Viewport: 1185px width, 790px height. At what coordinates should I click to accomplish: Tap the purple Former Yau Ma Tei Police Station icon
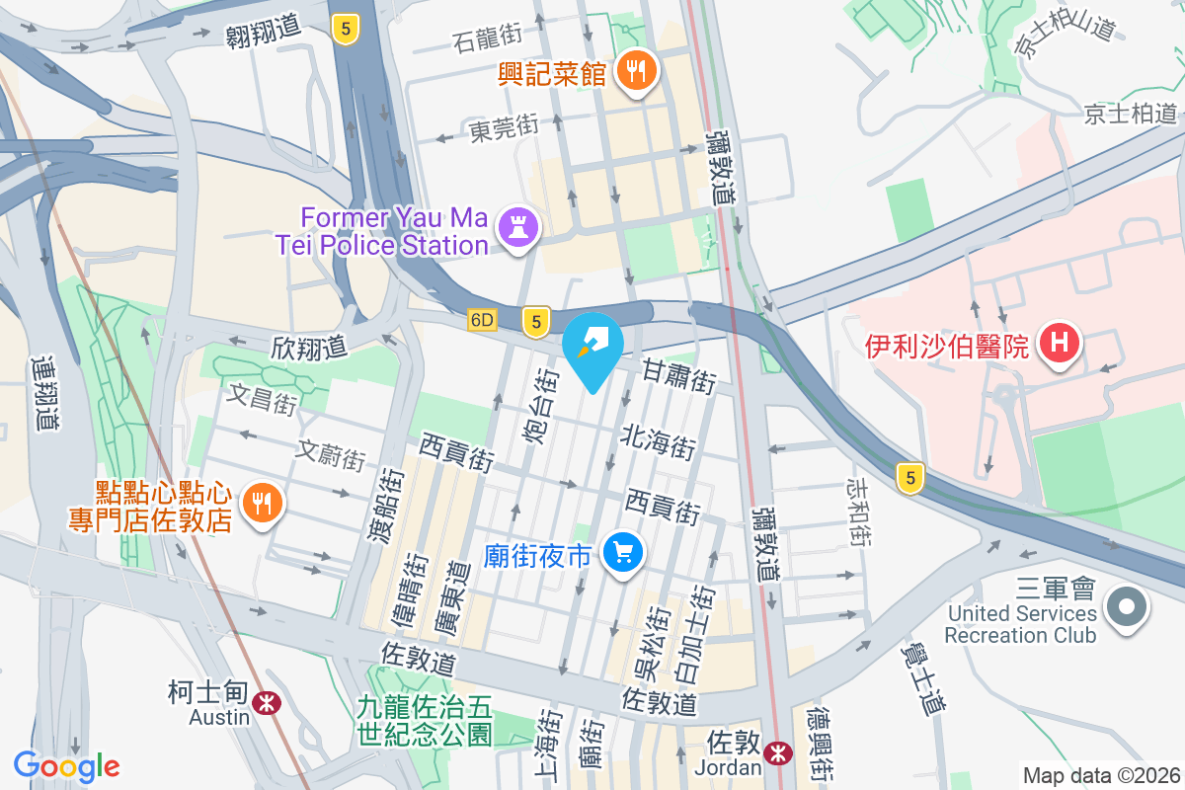coord(518,228)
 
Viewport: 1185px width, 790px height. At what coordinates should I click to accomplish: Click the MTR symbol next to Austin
coord(265,702)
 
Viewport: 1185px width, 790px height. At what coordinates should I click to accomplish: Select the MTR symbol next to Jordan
coord(780,752)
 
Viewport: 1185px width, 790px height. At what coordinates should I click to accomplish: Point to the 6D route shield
coord(482,320)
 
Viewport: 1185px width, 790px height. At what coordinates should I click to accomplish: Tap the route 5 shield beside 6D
coord(535,320)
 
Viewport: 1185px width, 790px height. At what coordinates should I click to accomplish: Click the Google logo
coord(67,766)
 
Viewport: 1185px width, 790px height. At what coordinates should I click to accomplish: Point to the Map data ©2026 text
coord(1099,776)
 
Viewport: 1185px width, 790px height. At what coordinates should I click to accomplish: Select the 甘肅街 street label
coord(678,376)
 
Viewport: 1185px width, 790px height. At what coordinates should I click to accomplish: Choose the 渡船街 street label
coord(389,506)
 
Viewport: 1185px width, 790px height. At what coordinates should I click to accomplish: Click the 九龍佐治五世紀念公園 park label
coord(425,720)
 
